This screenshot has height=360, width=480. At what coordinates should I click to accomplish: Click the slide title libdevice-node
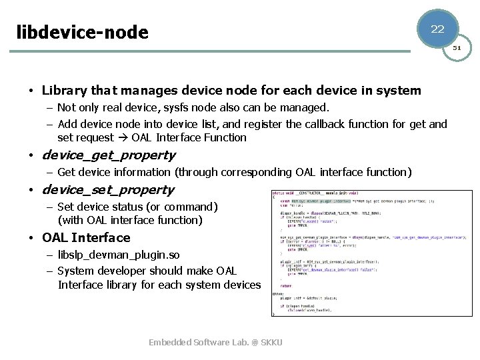point(82,31)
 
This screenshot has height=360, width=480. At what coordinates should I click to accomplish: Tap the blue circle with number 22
point(437,29)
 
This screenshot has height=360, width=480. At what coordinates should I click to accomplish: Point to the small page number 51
point(457,48)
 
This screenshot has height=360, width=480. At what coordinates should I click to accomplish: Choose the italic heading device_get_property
point(109,155)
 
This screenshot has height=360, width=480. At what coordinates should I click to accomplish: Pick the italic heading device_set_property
point(108,190)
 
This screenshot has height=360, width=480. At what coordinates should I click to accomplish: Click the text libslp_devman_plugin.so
point(119,255)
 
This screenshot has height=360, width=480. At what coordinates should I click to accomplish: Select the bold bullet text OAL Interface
point(86,238)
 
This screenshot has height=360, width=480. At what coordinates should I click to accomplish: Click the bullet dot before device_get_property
point(31,156)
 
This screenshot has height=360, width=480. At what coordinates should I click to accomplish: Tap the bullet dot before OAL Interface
point(31,239)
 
